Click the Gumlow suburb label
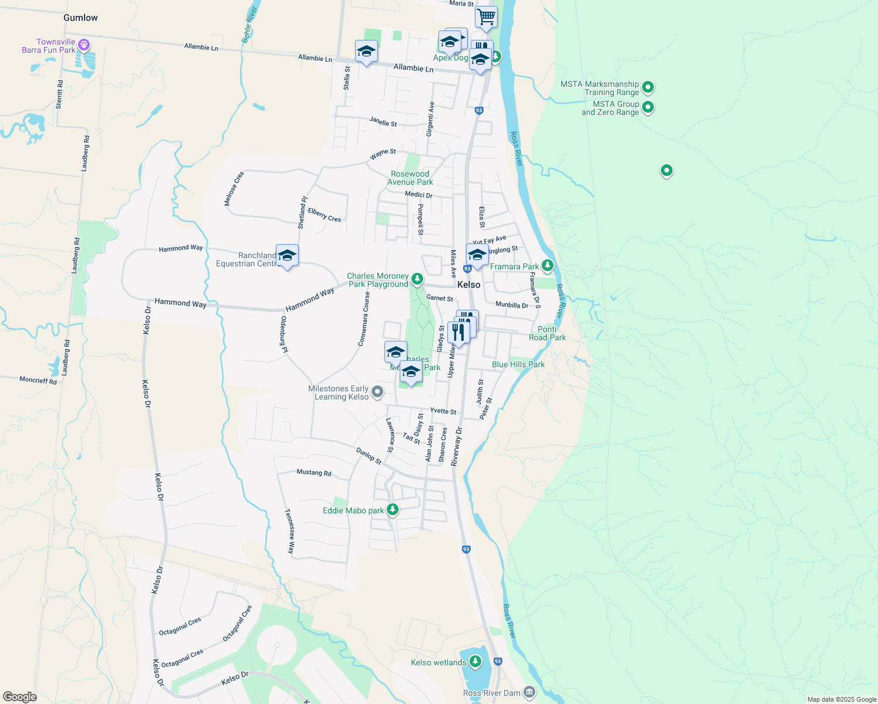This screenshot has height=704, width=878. (80, 18)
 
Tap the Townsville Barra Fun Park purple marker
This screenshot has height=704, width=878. (84, 44)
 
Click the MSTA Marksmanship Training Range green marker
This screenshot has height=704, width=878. (648, 87)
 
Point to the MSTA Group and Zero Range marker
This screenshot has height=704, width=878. (648, 107)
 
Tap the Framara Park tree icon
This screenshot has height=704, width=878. (547, 266)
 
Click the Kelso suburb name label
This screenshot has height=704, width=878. (469, 285)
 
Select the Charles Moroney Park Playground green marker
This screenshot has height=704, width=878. (417, 279)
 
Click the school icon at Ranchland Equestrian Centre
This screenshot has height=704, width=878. (287, 256)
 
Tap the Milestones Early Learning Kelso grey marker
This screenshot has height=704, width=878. (377, 391)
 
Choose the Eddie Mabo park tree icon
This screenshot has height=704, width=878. (393, 509)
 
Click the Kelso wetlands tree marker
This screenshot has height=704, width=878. (475, 662)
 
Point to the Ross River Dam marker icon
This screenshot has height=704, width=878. (529, 692)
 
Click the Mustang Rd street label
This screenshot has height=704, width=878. (314, 472)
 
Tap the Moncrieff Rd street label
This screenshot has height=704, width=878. (38, 380)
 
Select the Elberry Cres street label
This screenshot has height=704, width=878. (325, 215)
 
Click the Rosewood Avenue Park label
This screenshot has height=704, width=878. (410, 178)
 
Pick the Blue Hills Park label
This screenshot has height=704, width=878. (518, 364)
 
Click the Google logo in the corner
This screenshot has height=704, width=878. (19, 696)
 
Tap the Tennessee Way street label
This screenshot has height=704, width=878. (289, 532)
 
